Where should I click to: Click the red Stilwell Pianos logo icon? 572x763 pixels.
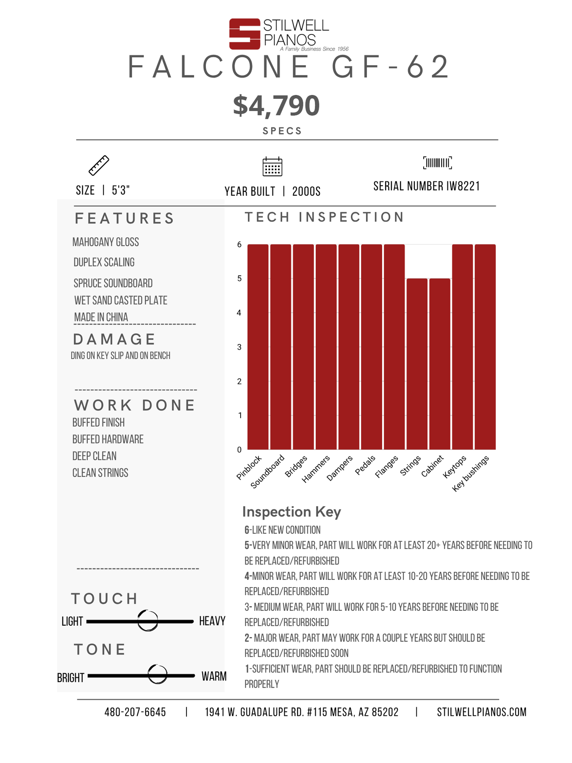click(244, 34)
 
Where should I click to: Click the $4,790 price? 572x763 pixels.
click(276, 106)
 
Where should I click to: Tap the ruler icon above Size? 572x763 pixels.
click(99, 165)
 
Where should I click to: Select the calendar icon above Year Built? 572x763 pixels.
click(272, 167)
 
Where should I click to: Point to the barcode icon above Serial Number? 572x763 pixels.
click(437, 163)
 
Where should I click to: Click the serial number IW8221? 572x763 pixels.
click(463, 186)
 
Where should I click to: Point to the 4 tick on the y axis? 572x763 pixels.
click(239, 313)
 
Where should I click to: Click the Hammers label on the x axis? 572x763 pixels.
click(316, 469)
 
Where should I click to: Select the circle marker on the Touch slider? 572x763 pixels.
click(148, 621)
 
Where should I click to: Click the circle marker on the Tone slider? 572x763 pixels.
click(158, 674)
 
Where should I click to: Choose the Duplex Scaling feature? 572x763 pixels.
click(104, 262)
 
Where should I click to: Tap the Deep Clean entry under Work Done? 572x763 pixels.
click(94, 456)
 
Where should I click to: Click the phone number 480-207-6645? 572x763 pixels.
click(135, 712)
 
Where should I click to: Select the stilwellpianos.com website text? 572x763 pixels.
click(482, 712)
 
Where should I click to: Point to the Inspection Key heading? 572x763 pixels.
click(292, 512)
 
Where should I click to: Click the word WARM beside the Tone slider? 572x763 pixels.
click(214, 676)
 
